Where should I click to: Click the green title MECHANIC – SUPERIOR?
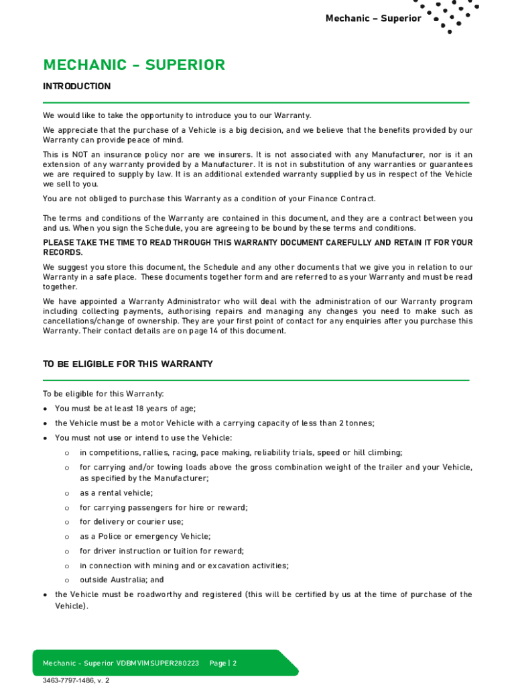(x=134, y=65)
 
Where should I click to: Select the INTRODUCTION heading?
(x=77, y=87)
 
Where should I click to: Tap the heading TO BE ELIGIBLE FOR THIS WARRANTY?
(x=128, y=364)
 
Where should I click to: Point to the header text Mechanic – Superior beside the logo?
(x=373, y=18)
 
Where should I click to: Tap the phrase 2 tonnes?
(x=356, y=423)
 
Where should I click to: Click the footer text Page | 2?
(x=223, y=664)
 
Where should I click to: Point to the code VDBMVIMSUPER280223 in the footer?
(x=157, y=664)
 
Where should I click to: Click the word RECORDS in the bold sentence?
(x=63, y=252)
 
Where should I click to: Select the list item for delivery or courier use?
(x=131, y=522)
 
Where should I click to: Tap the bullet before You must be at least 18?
(x=45, y=409)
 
